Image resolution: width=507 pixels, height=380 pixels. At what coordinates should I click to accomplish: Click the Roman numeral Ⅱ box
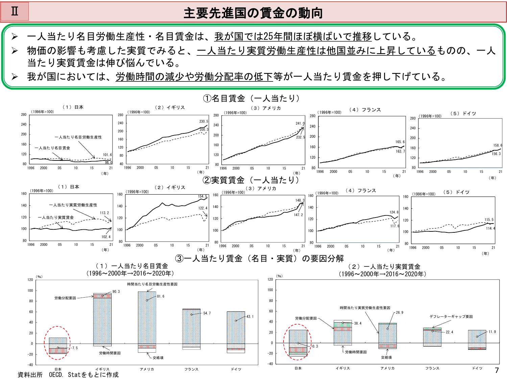pyautogui.click(x=15, y=11)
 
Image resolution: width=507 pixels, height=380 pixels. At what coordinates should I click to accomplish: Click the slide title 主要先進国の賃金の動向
pyautogui.click(x=253, y=13)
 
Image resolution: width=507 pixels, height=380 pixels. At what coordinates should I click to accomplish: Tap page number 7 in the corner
pyautogui.click(x=497, y=370)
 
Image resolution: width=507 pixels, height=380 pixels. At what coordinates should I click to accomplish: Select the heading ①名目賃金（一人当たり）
pyautogui.click(x=251, y=98)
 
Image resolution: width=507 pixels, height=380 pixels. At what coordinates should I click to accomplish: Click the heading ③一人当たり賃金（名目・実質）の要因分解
pyautogui.click(x=259, y=258)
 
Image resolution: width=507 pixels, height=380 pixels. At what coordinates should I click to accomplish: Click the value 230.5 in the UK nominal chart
pyautogui.click(x=203, y=121)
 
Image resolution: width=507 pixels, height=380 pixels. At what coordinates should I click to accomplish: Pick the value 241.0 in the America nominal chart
pyautogui.click(x=300, y=123)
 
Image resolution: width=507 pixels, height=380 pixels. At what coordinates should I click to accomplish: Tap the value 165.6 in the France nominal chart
pyautogui.click(x=400, y=142)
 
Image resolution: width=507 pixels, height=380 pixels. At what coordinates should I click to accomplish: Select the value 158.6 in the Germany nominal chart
pyautogui.click(x=498, y=145)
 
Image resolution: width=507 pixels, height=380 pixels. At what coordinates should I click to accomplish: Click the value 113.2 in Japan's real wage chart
pyautogui.click(x=104, y=213)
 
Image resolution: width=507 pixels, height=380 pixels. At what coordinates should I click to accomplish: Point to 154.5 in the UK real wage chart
pyautogui.click(x=202, y=196)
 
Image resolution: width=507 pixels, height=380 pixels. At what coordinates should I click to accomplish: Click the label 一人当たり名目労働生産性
pyautogui.click(x=78, y=137)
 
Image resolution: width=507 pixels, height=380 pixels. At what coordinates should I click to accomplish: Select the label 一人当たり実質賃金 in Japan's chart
pyautogui.click(x=56, y=218)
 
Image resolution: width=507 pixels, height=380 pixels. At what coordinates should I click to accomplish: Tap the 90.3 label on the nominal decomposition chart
pyautogui.click(x=116, y=292)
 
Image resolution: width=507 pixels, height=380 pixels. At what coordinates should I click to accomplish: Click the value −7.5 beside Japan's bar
pyautogui.click(x=74, y=348)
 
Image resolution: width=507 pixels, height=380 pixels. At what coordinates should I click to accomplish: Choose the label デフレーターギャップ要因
pyautogui.click(x=451, y=316)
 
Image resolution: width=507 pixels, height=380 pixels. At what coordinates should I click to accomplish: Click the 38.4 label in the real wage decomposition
pyautogui.click(x=358, y=323)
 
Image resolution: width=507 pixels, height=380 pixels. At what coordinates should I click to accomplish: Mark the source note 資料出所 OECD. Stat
pyautogui.click(x=68, y=375)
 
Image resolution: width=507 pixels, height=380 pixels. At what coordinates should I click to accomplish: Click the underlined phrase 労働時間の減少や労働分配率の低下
pyautogui.click(x=194, y=77)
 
